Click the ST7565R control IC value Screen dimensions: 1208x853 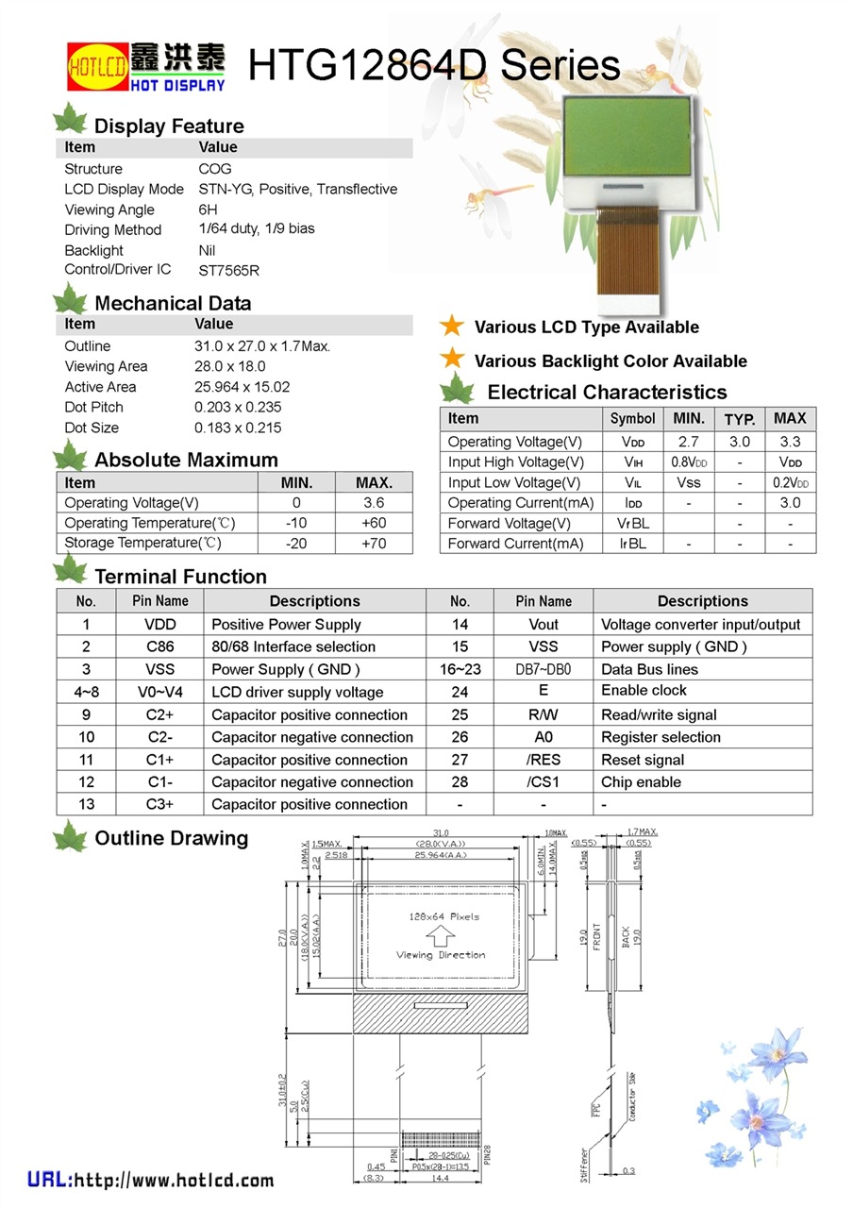coord(228,271)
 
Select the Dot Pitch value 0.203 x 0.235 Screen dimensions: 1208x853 coord(238,408)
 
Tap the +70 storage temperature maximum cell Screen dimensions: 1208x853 coord(374,544)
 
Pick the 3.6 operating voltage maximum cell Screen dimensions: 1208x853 coord(374,503)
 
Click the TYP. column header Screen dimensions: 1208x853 coord(740,419)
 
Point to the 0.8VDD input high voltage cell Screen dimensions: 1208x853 coord(689,462)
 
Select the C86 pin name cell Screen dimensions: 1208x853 coord(160,647)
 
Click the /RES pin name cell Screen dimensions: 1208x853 coord(544,760)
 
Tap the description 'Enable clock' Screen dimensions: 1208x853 coord(644,691)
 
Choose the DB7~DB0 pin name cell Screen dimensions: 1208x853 coord(544,669)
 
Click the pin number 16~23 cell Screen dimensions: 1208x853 coord(460,669)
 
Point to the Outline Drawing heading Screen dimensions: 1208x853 coord(171,838)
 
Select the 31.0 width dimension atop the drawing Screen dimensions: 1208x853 coord(441,832)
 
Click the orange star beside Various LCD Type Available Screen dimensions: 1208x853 coord(453,327)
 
